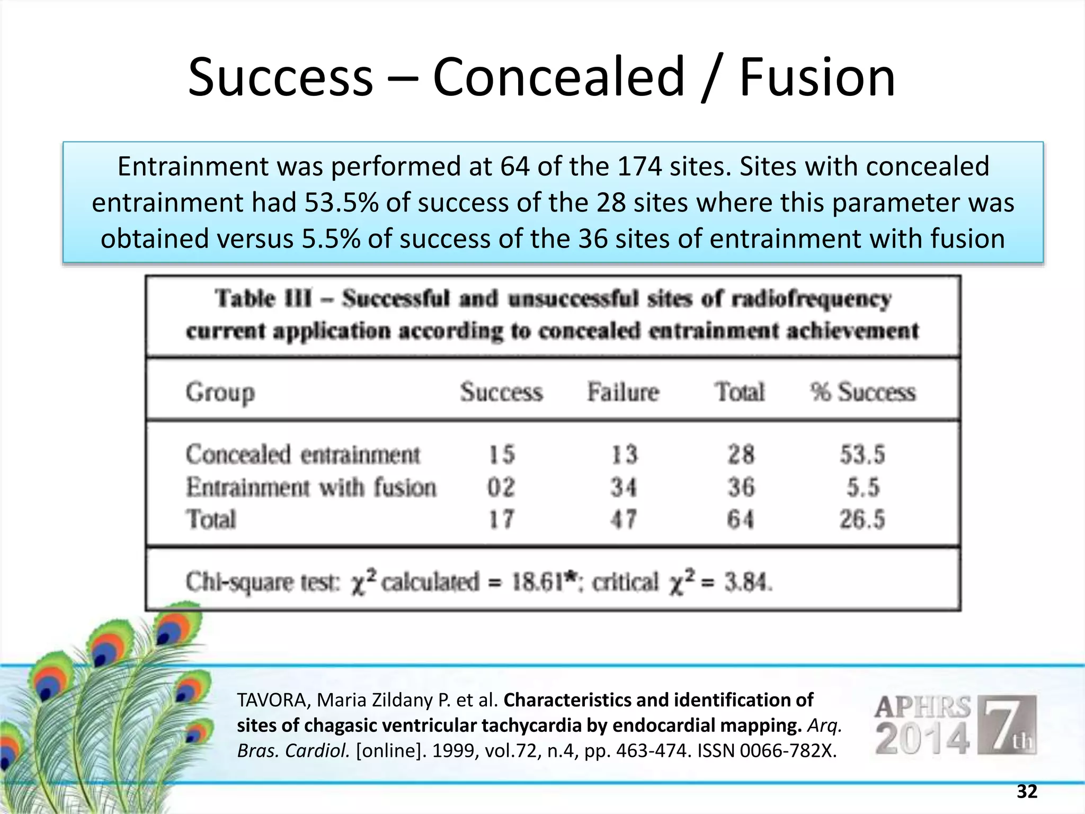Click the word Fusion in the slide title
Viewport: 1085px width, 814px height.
pos(816,78)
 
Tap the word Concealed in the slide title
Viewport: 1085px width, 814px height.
pos(558,78)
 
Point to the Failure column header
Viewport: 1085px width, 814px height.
pos(623,393)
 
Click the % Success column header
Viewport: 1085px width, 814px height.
pos(862,393)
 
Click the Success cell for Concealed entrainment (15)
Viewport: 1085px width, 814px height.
pos(501,455)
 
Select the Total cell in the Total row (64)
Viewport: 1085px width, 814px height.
pos(741,519)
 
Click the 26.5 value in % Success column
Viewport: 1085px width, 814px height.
pos(862,519)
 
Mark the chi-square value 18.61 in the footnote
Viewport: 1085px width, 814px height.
pos(537,582)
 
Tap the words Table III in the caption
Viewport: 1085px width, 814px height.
pos(263,298)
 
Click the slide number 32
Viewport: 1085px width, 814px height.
pos(1027,791)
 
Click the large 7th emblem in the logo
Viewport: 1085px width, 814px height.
pos(1006,725)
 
